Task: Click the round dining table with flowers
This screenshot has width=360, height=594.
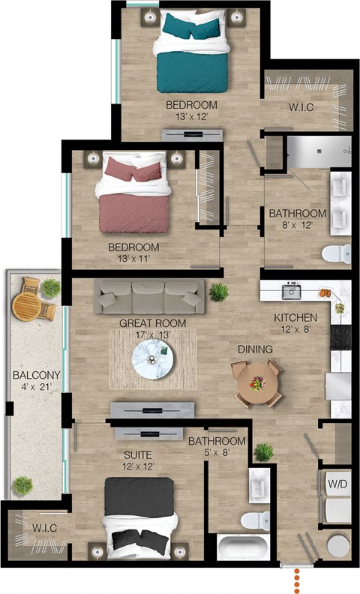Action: (x=257, y=383)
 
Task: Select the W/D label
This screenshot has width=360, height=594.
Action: (x=337, y=484)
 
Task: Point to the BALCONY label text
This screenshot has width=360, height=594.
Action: (x=31, y=376)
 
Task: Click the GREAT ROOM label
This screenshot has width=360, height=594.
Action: (x=152, y=323)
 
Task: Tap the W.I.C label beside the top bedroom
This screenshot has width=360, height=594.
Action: (x=301, y=107)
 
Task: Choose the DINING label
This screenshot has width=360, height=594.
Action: (x=255, y=349)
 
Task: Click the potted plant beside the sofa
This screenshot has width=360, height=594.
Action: (x=218, y=291)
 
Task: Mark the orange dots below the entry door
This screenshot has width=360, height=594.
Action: (x=298, y=578)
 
